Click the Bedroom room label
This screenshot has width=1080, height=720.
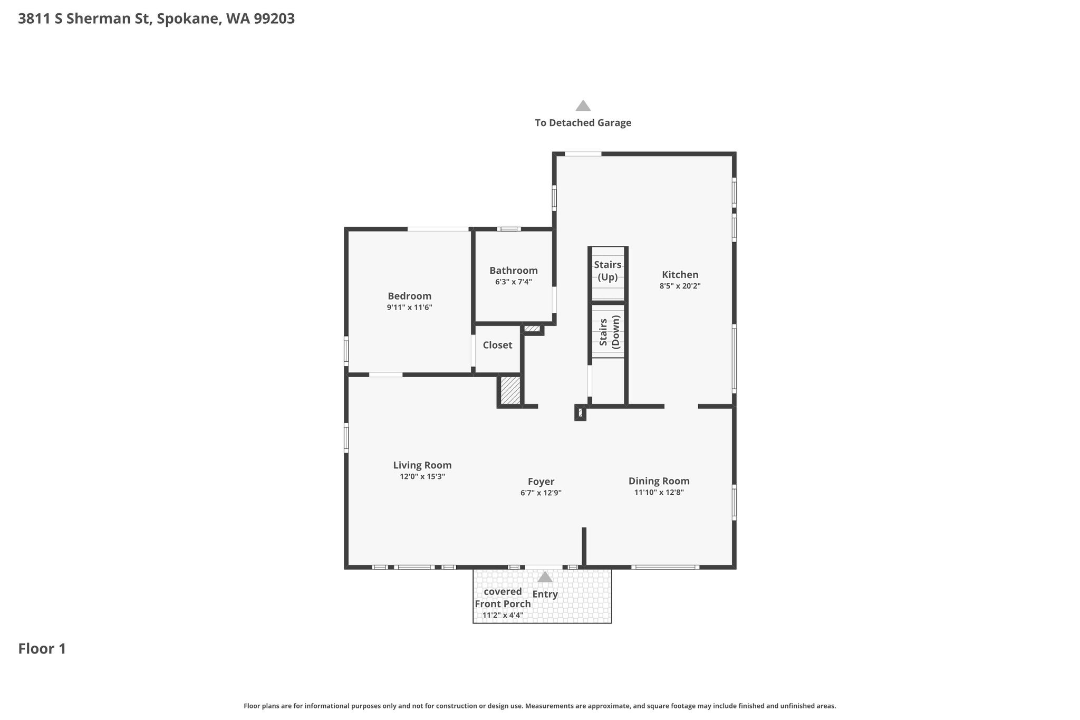pos(409,296)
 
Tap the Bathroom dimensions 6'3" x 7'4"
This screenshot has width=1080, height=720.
pos(513,282)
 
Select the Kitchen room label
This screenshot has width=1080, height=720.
pos(680,274)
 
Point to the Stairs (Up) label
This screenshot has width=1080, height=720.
pos(607,271)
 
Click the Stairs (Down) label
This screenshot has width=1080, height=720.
pos(610,331)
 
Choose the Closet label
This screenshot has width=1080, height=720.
pos(497,344)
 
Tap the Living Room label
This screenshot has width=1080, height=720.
pos(422,465)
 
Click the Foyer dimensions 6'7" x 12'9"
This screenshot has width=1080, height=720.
pos(541,493)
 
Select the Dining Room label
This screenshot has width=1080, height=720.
pos(659,481)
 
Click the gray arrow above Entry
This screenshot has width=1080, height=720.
pos(545,577)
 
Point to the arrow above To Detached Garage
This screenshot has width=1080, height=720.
pos(583,105)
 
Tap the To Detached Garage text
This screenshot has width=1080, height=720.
pos(583,123)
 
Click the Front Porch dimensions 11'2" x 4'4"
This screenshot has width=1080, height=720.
pos(503,615)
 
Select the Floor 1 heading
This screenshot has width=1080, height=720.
pos(42,648)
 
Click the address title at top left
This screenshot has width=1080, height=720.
pos(156,18)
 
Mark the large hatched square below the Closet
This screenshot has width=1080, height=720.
pos(510,391)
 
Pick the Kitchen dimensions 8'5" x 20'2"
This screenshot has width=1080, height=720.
pos(680,286)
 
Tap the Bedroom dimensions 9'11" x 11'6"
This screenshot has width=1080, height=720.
pos(409,307)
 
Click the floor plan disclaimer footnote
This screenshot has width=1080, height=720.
pos(539,706)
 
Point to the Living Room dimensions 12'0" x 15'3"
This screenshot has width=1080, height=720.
pos(422,476)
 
